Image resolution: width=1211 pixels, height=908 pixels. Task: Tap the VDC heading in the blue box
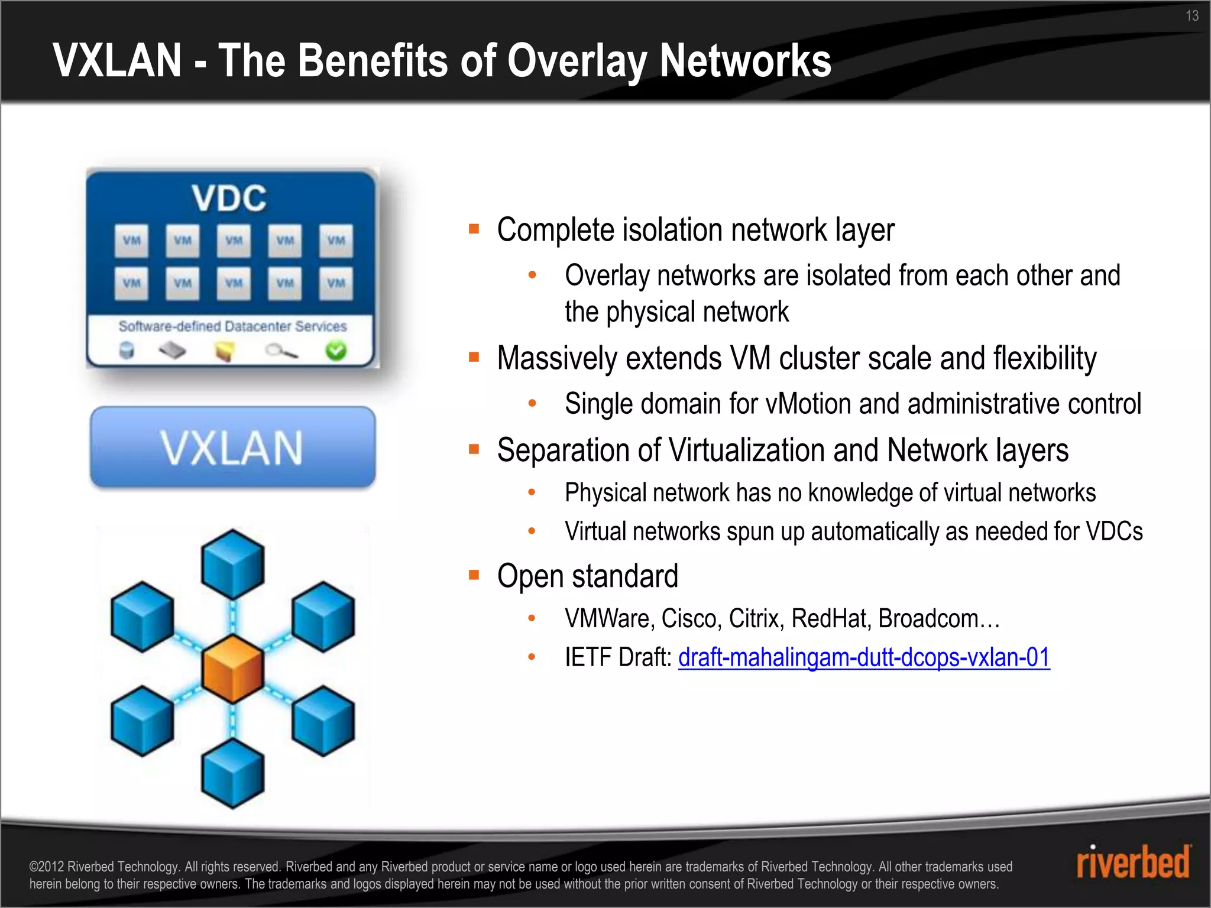(x=229, y=198)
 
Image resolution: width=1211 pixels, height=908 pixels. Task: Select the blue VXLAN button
(x=232, y=447)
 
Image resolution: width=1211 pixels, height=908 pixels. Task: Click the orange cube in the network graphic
(x=233, y=669)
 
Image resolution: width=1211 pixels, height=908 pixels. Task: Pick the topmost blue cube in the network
(x=233, y=563)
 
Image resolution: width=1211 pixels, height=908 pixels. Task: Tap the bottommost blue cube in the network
(x=233, y=773)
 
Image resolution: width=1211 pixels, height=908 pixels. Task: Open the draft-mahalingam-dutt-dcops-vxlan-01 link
(x=863, y=657)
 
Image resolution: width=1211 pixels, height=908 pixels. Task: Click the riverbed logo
(x=1132, y=862)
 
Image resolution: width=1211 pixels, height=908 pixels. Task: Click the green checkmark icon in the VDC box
(x=336, y=351)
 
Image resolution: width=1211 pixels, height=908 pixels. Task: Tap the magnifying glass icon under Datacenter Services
(x=281, y=352)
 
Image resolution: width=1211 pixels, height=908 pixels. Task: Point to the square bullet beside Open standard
(x=474, y=575)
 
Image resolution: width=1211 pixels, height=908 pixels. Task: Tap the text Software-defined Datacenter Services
(x=232, y=326)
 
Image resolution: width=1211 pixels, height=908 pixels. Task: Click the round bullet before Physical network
(x=532, y=492)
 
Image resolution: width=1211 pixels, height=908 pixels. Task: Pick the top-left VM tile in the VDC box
(x=131, y=241)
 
